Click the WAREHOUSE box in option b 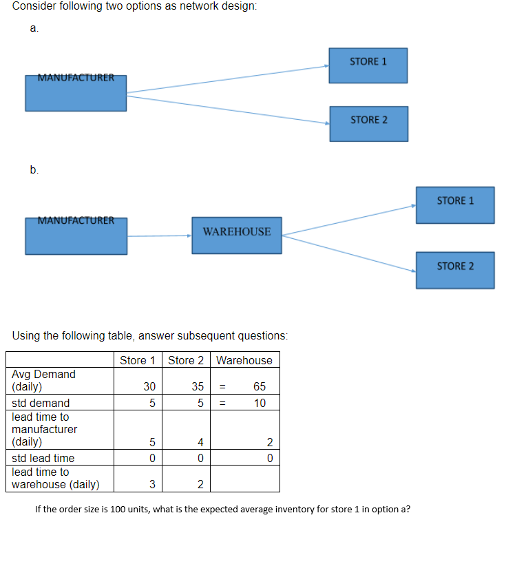point(236,235)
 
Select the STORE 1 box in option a point(368,65)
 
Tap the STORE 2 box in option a point(368,124)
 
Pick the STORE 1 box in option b point(455,205)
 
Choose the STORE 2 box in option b point(455,270)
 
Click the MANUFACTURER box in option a point(76,93)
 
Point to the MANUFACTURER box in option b point(76,236)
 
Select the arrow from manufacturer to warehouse point(159,236)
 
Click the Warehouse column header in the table point(244,360)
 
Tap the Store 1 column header point(137,360)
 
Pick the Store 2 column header point(186,360)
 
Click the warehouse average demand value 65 point(259,387)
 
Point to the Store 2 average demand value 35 point(196,387)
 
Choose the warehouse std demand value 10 point(259,403)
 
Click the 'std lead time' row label point(43,458)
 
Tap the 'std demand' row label point(41,403)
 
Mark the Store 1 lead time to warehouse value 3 point(151,485)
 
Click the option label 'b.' point(34,170)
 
